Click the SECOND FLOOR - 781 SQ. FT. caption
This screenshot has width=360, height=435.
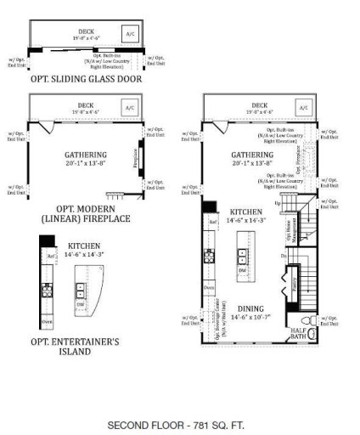[x=181, y=423]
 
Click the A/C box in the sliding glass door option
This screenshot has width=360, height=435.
[x=130, y=35]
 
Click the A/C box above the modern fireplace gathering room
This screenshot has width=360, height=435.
[x=130, y=109]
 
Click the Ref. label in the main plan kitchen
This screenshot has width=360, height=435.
[x=211, y=219]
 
